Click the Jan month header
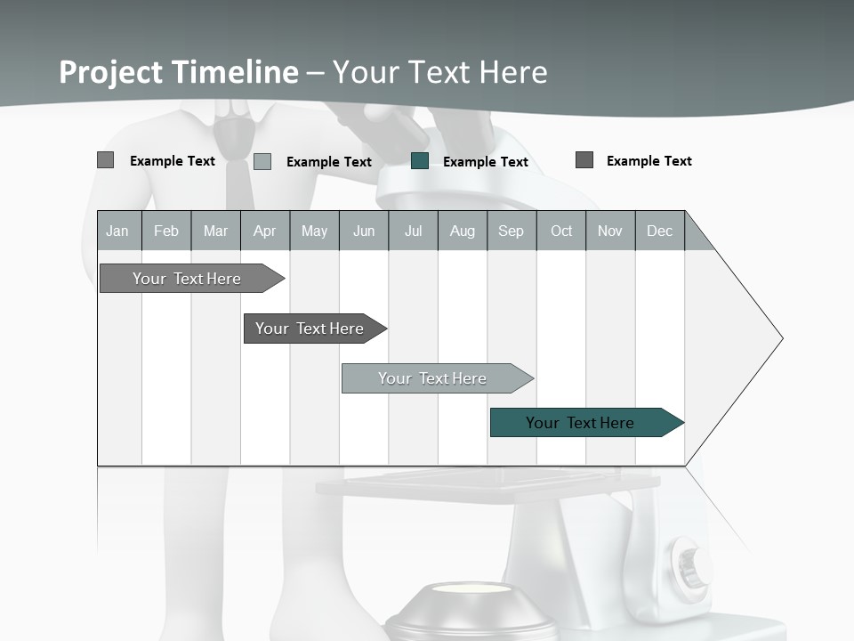tap(117, 231)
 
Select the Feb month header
tap(166, 231)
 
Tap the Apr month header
tap(264, 231)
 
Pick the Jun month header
tap(364, 231)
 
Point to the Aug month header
tap(462, 231)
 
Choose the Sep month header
tap(511, 231)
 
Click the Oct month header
tap(561, 231)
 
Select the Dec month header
tap(659, 231)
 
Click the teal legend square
tap(420, 161)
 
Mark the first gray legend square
tap(106, 160)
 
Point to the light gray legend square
tap(262, 161)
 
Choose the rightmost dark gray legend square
tap(584, 160)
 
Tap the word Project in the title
tap(110, 72)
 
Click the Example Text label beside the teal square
tap(485, 162)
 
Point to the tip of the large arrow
tap(781, 338)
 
